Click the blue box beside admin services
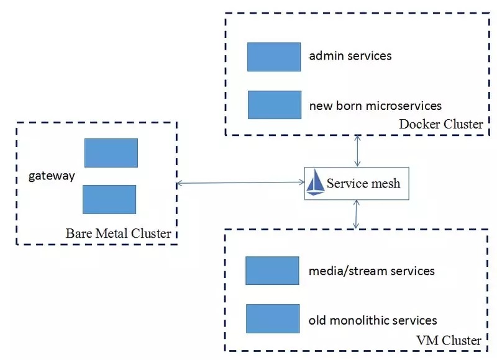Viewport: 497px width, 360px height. pos(273,56)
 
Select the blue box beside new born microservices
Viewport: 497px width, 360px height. pos(274,104)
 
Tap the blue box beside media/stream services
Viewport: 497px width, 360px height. pos(272,271)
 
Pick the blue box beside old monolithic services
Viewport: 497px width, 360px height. pos(272,318)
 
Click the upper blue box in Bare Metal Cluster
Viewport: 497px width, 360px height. pos(111,153)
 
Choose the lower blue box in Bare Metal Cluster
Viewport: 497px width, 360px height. pos(109,199)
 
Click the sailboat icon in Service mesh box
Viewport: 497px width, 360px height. pos(316,184)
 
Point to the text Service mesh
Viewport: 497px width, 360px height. pos(363,184)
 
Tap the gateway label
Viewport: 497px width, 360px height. pos(52,176)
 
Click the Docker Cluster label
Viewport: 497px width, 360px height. pos(440,125)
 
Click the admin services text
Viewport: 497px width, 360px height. pos(350,56)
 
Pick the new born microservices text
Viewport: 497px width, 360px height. pos(375,105)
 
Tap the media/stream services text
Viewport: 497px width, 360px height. pos(372,271)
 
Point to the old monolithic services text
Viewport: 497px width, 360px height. pos(373,320)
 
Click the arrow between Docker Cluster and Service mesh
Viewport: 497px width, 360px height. pos(357,151)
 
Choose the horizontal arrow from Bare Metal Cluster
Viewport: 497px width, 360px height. pos(240,182)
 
